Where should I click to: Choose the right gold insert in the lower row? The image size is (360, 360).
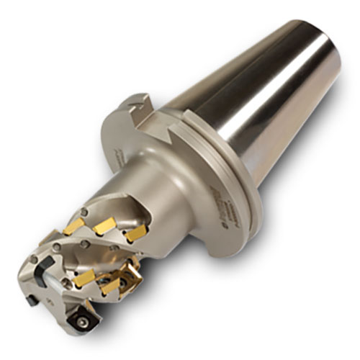point(109,285)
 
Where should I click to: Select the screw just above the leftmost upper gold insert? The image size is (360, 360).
point(85,211)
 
